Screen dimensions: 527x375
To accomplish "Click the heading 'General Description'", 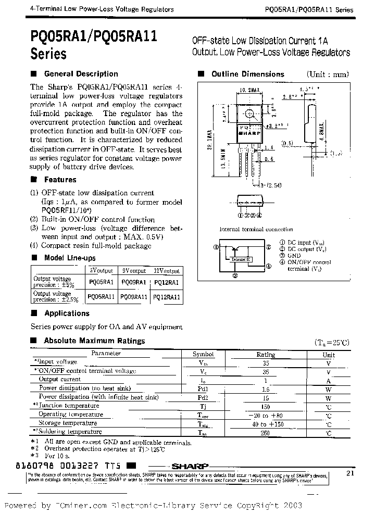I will point(81,74).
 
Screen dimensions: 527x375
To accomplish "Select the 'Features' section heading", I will point(60,180).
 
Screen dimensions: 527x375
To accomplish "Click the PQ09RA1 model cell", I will point(134,282).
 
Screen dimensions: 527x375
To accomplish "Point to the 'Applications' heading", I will point(67,313).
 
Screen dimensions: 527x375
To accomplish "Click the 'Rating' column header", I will point(266,354).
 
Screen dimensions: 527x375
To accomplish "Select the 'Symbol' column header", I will point(203,354).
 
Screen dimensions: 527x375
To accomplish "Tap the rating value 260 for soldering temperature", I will point(266,432).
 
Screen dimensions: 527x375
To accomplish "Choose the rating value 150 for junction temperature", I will point(266,406).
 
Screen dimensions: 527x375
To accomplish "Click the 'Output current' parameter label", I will point(60,380).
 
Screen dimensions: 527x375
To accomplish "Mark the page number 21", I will point(349,473).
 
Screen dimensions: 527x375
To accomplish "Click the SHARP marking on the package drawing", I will point(253,133).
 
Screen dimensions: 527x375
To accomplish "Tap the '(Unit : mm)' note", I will point(328,74).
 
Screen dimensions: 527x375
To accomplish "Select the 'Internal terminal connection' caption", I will point(256,229).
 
